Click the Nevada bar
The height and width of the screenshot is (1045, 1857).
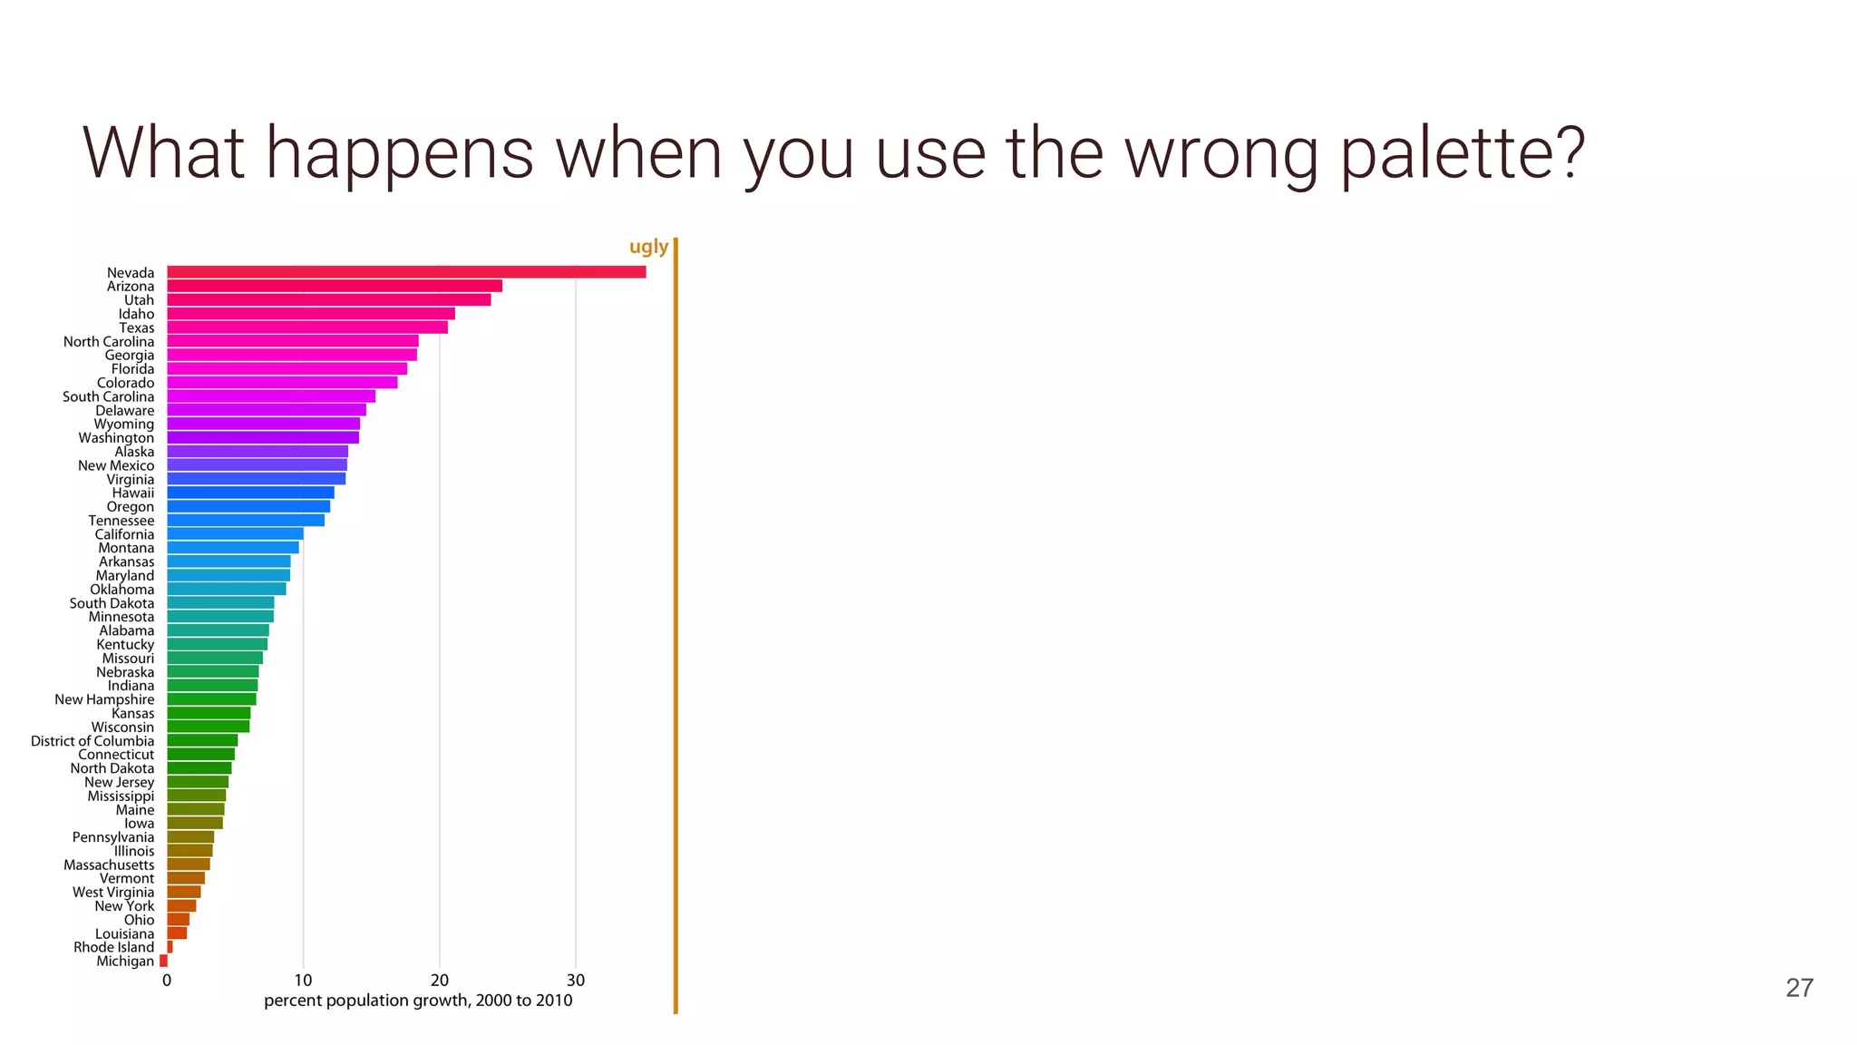tap(406, 272)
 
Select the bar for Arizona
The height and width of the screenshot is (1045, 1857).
tap(335, 286)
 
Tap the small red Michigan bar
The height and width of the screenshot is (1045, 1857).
tap(163, 961)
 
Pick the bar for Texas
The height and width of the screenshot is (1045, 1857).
tap(307, 327)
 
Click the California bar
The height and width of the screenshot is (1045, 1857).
tap(235, 534)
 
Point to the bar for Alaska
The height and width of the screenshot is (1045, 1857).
tap(258, 452)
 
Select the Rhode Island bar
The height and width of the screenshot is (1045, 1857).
tap(170, 947)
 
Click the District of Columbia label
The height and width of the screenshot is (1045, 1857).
tap(92, 741)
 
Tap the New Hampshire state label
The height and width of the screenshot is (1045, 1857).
tap(104, 699)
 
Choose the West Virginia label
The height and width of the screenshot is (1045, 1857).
tap(113, 893)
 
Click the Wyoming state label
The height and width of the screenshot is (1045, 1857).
tap(124, 424)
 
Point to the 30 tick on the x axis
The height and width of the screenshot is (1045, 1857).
tap(575, 981)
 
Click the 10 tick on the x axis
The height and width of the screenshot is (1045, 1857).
tap(303, 981)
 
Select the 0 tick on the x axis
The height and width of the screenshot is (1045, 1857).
tap(167, 981)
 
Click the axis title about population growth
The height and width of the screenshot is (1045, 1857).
tap(418, 1001)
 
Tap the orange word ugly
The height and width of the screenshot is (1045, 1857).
tap(648, 247)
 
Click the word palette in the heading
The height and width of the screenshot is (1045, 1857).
tap(1462, 154)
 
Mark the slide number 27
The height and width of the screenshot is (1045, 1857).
tap(1799, 988)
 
